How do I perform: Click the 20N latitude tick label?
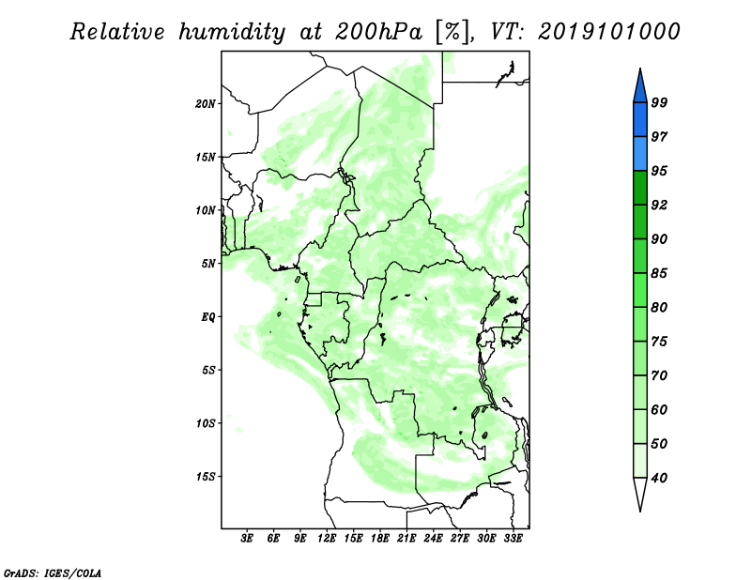(x=205, y=104)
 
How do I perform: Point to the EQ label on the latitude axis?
(x=207, y=317)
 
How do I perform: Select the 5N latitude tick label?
(x=208, y=264)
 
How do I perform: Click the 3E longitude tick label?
(x=247, y=539)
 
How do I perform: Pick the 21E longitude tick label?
(x=406, y=539)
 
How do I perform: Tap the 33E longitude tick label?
(x=513, y=539)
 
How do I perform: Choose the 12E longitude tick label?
(x=327, y=539)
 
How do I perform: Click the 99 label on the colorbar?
(x=659, y=102)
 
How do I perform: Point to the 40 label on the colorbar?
(x=659, y=478)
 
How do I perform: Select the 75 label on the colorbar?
(x=659, y=342)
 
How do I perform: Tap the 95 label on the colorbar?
(x=659, y=171)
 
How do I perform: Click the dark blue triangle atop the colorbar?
(x=640, y=88)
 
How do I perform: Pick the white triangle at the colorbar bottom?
(x=640, y=491)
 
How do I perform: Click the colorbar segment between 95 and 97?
(x=640, y=154)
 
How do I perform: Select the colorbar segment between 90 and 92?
(x=640, y=221)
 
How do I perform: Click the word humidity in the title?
(x=232, y=33)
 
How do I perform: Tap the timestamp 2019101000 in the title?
(x=608, y=32)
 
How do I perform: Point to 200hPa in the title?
(x=378, y=32)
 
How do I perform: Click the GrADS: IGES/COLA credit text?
(x=53, y=572)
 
